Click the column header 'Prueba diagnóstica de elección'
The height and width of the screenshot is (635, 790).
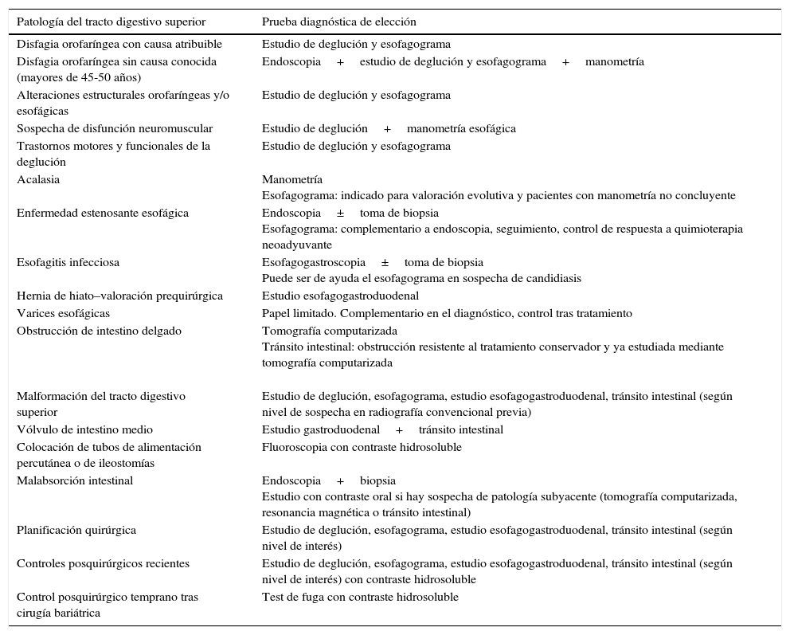tap(338, 22)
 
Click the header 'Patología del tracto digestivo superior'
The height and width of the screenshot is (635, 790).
tap(111, 22)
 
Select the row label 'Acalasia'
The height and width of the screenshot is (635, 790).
tap(38, 179)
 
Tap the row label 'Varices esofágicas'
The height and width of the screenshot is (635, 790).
tap(64, 313)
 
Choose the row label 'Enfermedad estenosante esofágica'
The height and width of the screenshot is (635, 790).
tap(103, 213)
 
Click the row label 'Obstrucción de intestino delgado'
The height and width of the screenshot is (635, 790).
tap(99, 331)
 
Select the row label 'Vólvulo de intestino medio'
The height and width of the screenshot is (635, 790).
tap(84, 429)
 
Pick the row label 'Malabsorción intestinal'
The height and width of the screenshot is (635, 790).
tap(75, 480)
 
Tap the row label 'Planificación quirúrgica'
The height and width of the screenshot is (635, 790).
tap(76, 530)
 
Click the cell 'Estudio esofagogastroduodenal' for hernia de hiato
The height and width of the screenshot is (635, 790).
tap(340, 296)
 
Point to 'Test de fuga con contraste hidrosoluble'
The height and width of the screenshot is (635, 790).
tap(360, 597)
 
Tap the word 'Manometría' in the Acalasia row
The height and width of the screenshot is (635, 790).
tap(292, 179)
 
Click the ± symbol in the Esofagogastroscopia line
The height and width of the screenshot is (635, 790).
tap(385, 262)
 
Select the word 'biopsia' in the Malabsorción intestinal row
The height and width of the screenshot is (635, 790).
tap(377, 480)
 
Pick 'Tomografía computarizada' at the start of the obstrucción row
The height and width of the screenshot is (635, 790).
tap(329, 331)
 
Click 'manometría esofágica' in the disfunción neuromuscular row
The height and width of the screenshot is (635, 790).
tap(461, 128)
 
